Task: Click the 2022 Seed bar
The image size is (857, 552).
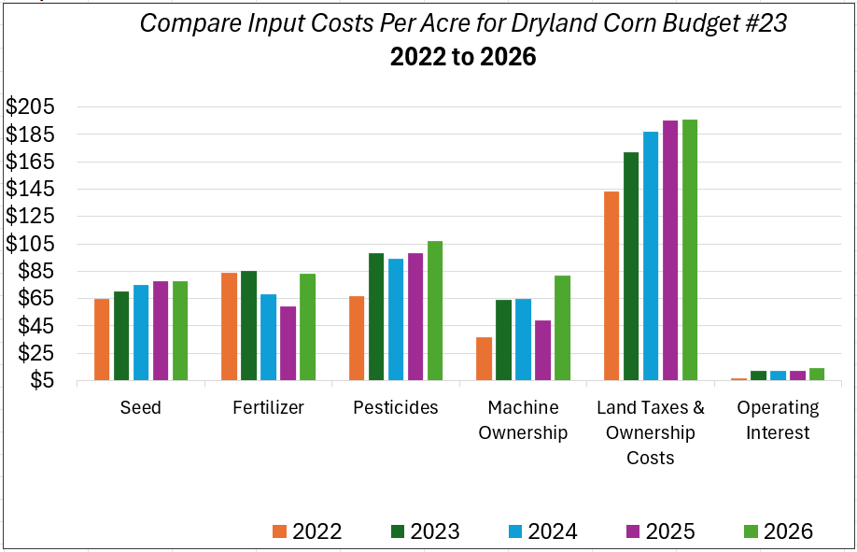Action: tap(101, 339)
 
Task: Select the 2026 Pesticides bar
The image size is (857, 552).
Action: tap(434, 310)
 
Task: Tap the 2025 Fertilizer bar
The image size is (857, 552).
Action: tap(288, 343)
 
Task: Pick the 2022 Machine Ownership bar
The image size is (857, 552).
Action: tap(484, 359)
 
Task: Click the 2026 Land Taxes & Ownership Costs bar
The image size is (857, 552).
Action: tap(689, 249)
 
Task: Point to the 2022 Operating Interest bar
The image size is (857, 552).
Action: tap(738, 378)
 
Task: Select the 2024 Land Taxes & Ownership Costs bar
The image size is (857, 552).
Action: tap(651, 256)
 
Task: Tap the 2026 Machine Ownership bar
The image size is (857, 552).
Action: tap(562, 328)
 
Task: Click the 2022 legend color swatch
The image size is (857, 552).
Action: tap(279, 531)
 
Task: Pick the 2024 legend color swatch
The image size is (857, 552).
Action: tap(515, 531)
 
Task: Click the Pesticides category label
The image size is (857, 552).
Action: tap(396, 408)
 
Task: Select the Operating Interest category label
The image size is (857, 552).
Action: tap(778, 420)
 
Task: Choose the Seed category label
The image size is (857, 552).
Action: tap(141, 408)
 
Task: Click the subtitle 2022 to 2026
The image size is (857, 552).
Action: tap(463, 57)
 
